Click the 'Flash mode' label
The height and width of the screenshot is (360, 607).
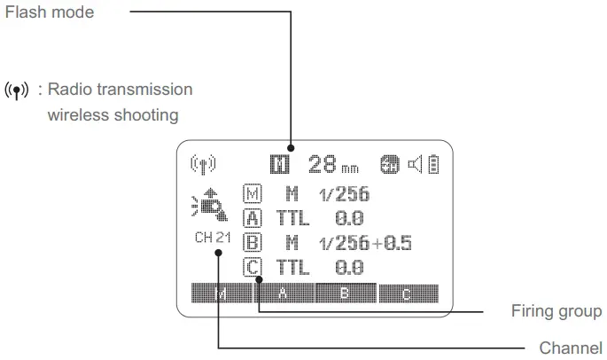(48, 12)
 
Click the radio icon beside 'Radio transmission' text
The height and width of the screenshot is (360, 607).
(17, 90)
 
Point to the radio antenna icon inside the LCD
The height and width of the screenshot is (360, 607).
(204, 164)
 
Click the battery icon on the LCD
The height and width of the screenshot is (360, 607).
(433, 164)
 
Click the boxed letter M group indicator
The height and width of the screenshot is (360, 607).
(252, 193)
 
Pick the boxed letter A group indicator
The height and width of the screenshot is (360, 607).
(252, 217)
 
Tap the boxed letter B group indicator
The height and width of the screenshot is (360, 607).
(252, 242)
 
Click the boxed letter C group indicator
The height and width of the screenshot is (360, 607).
(252, 266)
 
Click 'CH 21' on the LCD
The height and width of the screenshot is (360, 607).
(213, 238)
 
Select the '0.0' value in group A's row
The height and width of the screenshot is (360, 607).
(350, 217)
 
